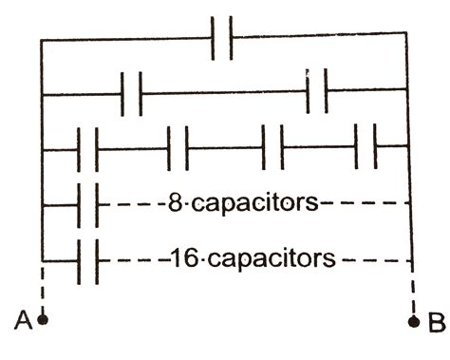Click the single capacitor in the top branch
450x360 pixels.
click(222, 40)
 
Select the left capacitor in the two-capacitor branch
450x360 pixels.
click(132, 93)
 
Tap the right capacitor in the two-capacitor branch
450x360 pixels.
click(317, 92)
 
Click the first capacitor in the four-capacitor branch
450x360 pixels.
click(87, 147)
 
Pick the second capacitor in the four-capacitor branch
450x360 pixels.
click(178, 147)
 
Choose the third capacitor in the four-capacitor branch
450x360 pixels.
click(272, 147)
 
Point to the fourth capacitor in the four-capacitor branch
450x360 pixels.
click(366, 147)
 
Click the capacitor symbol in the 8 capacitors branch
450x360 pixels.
click(87, 203)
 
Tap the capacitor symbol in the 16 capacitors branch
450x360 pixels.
click(87, 257)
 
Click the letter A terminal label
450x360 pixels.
click(21, 322)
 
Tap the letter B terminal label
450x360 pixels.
click(435, 323)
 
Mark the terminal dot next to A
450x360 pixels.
click(42, 320)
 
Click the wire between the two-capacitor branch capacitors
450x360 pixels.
click(224, 93)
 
